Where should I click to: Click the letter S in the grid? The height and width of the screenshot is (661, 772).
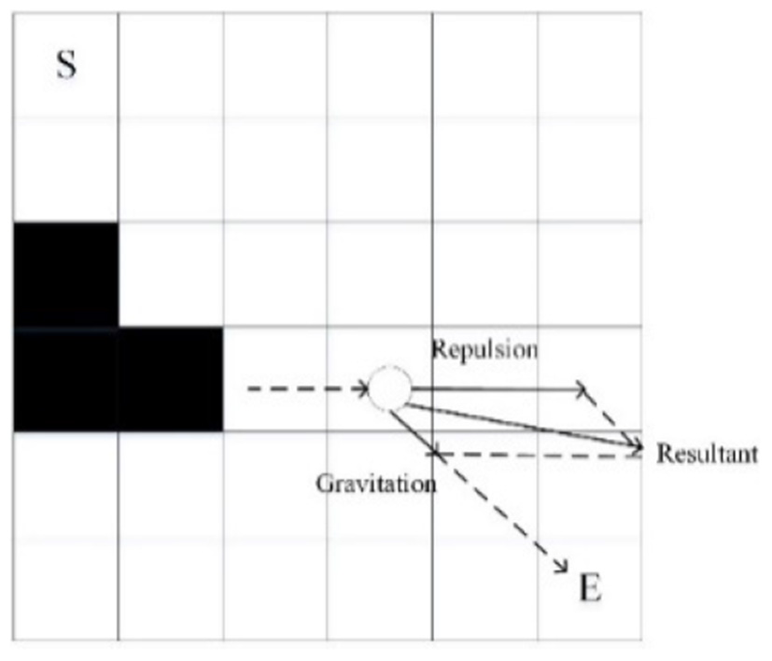point(66,67)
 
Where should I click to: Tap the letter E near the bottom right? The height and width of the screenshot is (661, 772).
point(590,588)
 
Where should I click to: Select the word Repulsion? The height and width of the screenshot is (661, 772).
point(484,349)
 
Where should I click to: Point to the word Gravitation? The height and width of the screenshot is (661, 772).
point(375,485)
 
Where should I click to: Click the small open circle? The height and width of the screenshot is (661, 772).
point(389,388)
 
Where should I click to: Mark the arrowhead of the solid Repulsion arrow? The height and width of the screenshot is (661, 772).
point(581,388)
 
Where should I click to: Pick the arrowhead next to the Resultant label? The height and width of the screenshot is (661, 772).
point(638,452)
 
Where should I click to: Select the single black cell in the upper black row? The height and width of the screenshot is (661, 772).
point(65,274)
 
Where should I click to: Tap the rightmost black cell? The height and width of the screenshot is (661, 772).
point(170,379)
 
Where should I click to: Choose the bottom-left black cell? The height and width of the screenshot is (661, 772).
point(65,379)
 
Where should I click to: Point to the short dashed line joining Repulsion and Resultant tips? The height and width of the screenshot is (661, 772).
point(611,420)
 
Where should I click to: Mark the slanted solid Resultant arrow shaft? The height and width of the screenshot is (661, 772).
point(523,426)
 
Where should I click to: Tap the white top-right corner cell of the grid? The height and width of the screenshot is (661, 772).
point(590,64)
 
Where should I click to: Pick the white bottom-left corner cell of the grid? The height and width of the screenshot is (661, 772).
point(65,588)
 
